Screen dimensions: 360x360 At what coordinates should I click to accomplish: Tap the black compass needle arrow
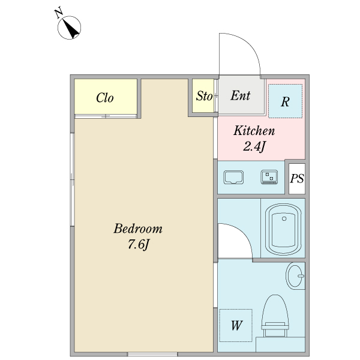pyautogui.click(x=71, y=29)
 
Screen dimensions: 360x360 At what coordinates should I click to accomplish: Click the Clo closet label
pyautogui.click(x=104, y=98)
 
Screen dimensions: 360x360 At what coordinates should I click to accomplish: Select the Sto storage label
pyautogui.click(x=204, y=96)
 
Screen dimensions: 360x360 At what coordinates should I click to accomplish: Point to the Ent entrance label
pyautogui.click(x=240, y=95)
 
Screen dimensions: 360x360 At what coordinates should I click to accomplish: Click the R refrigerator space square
pyautogui.click(x=286, y=101)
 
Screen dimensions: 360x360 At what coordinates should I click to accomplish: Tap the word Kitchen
pyautogui.click(x=254, y=131)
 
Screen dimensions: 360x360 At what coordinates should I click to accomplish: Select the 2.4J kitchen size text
pyautogui.click(x=254, y=146)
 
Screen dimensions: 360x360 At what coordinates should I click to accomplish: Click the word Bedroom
pyautogui.click(x=138, y=229)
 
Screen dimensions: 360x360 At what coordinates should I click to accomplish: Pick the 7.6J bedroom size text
pyautogui.click(x=138, y=245)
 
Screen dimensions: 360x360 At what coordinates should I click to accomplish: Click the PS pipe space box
pyautogui.click(x=297, y=179)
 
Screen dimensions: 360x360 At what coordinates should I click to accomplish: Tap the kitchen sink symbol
pyautogui.click(x=233, y=177)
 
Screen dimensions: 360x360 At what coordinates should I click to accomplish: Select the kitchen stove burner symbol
pyautogui.click(x=269, y=177)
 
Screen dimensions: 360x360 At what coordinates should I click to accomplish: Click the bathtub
pyautogui.click(x=283, y=229)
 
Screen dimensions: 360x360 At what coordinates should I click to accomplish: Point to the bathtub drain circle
pyautogui.click(x=284, y=218)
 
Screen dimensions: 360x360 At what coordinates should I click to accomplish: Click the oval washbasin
pyautogui.click(x=295, y=276)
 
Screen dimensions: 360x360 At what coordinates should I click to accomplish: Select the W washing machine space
pyautogui.click(x=236, y=325)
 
